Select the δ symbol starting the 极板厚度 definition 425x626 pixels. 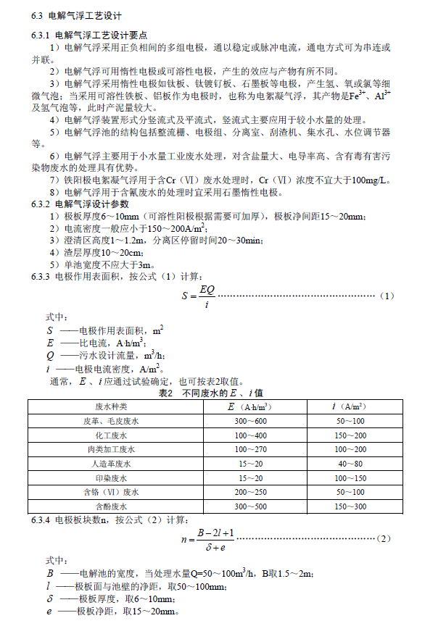coord(49,598)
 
